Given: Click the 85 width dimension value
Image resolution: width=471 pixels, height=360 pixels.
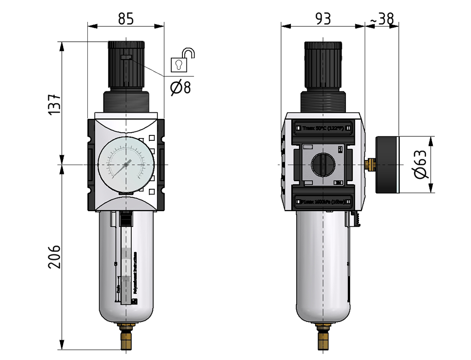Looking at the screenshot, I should (126, 19).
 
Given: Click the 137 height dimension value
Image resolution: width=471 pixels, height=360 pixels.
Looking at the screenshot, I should (53, 104).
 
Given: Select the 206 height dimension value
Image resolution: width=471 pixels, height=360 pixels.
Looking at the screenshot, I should (53, 256).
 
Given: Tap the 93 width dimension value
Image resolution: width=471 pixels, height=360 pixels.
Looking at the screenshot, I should (323, 19).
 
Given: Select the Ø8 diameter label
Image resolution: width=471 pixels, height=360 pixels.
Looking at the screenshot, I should (180, 87).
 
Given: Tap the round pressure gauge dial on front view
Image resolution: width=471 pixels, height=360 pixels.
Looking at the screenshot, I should (126, 165).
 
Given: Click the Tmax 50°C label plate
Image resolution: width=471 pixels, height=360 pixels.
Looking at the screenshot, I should (323, 128).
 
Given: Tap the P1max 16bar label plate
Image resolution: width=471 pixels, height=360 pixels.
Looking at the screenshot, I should (323, 202).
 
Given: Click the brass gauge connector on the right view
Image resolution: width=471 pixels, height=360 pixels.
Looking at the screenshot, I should (370, 165).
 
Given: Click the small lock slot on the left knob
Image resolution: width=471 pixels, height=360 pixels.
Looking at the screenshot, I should (126, 57).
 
